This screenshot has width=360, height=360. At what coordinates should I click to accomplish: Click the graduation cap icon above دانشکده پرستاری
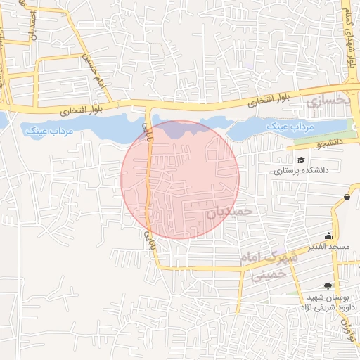coord(301,161)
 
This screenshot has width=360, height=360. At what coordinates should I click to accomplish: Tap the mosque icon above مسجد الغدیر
coord(328,237)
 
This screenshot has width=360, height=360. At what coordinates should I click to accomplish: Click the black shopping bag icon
coord(347,198)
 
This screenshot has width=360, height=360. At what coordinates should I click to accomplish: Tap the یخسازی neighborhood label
coord(328,103)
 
